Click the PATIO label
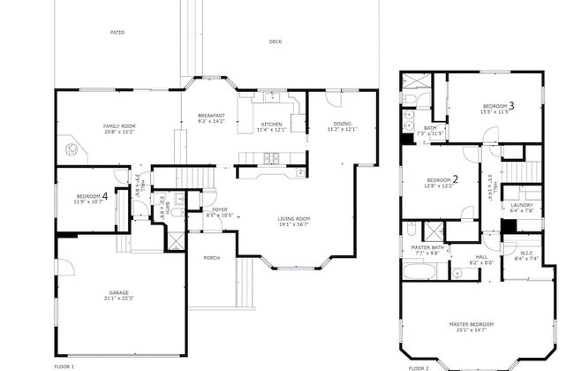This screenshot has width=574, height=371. tap(117, 33)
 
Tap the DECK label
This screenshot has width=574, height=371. tap(276, 42)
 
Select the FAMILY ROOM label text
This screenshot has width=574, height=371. tap(119, 125)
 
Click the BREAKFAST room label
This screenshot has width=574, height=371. tap(211, 116)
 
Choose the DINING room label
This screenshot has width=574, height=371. tap(342, 124)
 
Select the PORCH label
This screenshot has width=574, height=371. tap(211, 258)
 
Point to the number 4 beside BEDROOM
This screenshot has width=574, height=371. tap(105, 195)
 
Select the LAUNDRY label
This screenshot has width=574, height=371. tap(522, 206)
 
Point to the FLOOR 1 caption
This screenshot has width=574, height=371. tap(64, 366)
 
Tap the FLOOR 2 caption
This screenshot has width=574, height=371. tap(419, 367)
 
